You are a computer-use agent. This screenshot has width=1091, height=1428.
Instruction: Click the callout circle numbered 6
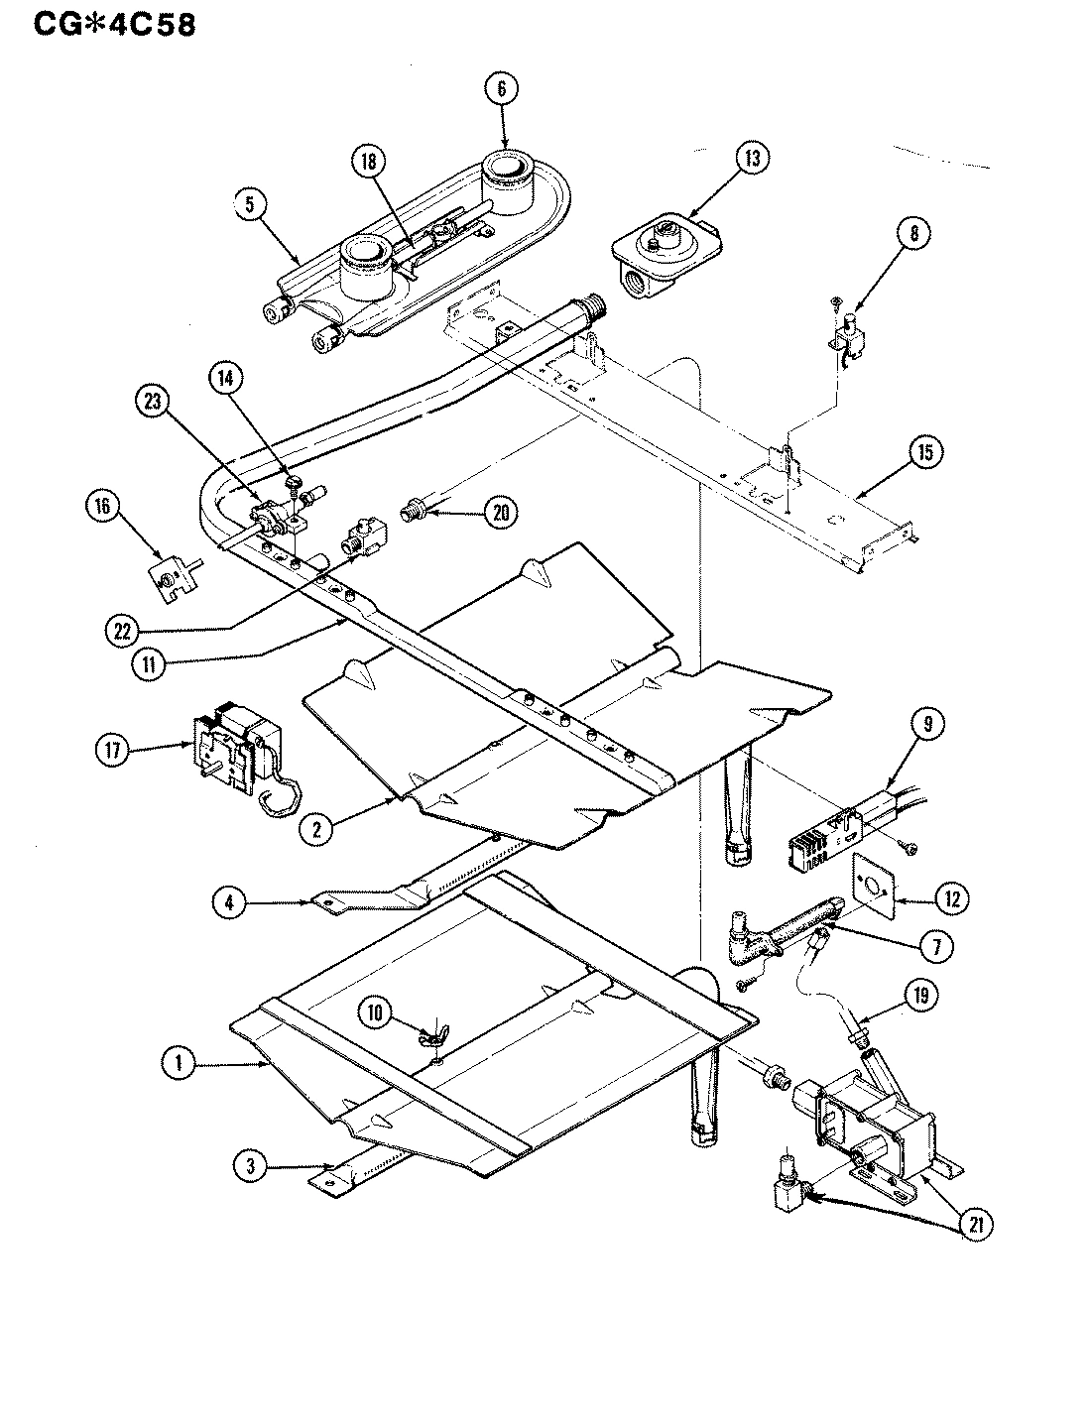click(502, 88)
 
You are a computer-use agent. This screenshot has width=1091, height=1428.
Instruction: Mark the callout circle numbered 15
click(924, 452)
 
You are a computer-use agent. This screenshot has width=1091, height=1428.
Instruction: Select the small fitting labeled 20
click(412, 513)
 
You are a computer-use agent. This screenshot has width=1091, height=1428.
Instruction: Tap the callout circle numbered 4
click(229, 901)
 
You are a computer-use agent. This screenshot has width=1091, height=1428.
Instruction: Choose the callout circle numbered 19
click(922, 994)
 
